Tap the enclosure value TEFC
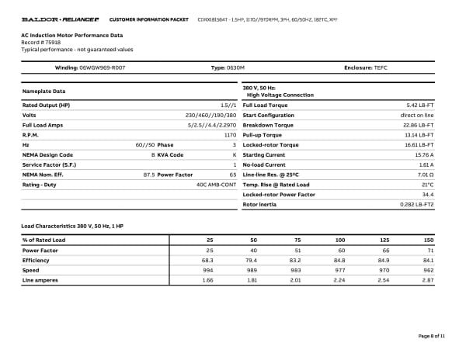pyautogui.click(x=380, y=67)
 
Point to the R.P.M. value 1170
pyautogui.click(x=230, y=134)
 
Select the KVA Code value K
pyautogui.click(x=234, y=154)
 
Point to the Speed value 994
pyautogui.click(x=207, y=270)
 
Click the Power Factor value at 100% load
pyautogui.click(x=339, y=250)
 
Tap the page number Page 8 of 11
pyautogui.click(x=432, y=336)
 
